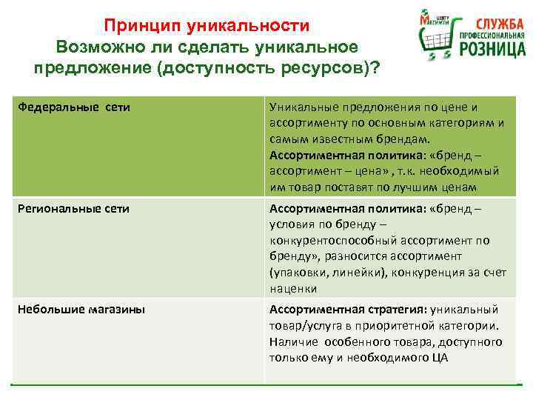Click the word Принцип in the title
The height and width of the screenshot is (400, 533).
coord(135,26)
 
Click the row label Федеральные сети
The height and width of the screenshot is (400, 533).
coord(74,107)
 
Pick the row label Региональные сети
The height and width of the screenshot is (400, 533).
coord(73,208)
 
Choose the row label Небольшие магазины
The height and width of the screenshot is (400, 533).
coord(81,309)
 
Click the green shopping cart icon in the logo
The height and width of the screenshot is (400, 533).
coord(432,37)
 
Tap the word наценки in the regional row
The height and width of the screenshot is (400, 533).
coord(293,289)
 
